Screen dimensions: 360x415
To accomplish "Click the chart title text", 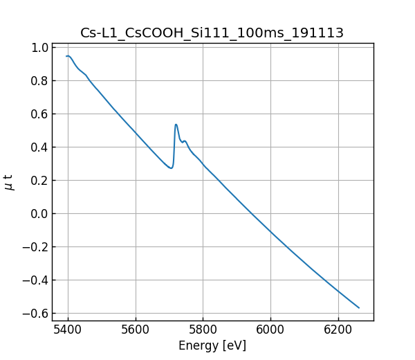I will coord(212,33).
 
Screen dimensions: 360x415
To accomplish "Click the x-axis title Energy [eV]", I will coord(212,345).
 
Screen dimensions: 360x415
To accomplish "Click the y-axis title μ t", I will coord(9,181).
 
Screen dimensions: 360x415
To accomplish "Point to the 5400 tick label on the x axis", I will coord(68,330).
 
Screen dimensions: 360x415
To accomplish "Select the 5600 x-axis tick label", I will coord(136,330).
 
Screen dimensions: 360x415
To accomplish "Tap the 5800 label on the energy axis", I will coord(203,330).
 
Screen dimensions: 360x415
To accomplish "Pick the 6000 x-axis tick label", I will coord(270,330).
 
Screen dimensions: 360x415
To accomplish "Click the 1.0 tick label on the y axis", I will coord(40,48).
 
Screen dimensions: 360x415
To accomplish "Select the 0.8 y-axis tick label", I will coord(40,81).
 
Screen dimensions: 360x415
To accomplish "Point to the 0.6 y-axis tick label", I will coord(40,114).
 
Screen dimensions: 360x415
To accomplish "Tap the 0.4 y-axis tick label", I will coord(40,147).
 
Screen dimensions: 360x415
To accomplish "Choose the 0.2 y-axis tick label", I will coord(40,181).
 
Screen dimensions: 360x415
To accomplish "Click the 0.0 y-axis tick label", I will coord(40,214).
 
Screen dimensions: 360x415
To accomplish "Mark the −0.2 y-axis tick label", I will coord(37,247).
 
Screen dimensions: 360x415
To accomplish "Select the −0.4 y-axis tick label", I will coord(37,280).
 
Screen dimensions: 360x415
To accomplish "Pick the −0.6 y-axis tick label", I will coord(37,314).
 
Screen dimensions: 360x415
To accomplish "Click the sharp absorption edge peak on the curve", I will coord(176,125).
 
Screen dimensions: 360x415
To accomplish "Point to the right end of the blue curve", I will coord(359,307).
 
